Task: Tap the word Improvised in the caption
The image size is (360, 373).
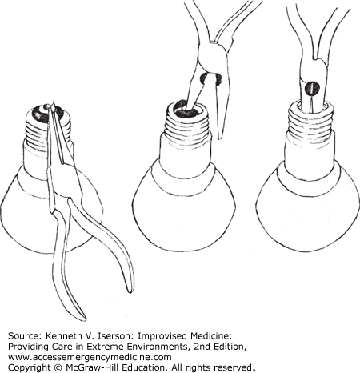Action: (156, 336)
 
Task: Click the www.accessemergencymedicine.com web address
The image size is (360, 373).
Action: (90, 357)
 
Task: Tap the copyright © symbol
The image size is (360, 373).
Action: (58, 367)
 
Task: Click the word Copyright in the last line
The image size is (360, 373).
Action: (30, 367)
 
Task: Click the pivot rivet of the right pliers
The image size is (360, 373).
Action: (311, 88)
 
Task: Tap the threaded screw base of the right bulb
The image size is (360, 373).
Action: (311, 118)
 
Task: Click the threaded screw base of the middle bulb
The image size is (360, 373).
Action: (188, 121)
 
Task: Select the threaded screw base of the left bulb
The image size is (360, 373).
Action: (50, 125)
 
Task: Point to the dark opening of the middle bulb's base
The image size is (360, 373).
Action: (186, 108)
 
